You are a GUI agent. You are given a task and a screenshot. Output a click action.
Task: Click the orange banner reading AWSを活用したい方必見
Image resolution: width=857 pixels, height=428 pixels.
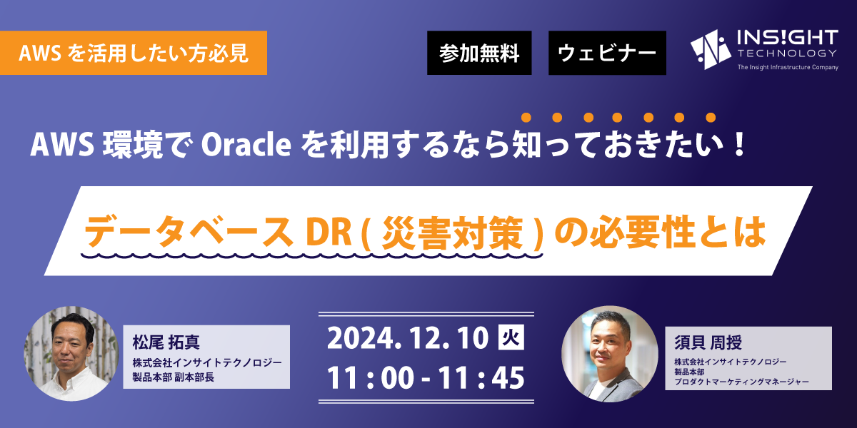[x=133, y=53]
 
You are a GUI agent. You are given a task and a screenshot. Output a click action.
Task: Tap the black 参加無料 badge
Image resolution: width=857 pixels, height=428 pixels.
[x=479, y=53]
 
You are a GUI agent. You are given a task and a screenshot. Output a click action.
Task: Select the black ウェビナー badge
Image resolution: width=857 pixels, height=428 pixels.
[x=607, y=53]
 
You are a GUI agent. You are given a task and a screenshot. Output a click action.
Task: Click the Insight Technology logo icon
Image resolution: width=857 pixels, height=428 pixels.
[x=711, y=50]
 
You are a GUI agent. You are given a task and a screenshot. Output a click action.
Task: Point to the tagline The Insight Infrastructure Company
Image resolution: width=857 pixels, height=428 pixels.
[x=788, y=67]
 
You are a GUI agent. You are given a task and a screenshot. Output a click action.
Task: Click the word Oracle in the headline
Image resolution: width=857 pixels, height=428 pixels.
[x=246, y=146]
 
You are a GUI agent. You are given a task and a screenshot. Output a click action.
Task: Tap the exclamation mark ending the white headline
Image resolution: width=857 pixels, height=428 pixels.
[x=741, y=144]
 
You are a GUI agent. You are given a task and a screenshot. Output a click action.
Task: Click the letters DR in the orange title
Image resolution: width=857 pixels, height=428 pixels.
[x=329, y=233]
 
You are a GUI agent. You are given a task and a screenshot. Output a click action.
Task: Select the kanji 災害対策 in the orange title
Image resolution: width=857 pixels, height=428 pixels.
[x=453, y=233]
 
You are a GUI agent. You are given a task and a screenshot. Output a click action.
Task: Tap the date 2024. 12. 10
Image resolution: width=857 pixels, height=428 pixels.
[x=408, y=338]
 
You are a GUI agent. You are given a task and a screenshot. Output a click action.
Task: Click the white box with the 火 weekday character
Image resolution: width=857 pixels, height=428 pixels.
[x=511, y=337]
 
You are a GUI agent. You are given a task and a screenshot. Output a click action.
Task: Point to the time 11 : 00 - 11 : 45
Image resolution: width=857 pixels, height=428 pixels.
[x=426, y=378]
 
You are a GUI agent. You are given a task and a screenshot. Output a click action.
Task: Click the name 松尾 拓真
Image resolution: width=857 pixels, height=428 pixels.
[x=166, y=342]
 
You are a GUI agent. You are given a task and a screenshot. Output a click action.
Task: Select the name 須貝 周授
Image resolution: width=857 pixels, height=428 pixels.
[x=708, y=342]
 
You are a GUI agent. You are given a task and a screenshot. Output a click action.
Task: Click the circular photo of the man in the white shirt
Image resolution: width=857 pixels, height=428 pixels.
[x=71, y=354]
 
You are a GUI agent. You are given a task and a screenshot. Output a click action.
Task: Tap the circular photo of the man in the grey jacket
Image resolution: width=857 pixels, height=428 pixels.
[x=610, y=354]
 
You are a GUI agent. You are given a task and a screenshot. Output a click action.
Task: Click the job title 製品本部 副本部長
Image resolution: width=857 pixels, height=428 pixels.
[x=173, y=377]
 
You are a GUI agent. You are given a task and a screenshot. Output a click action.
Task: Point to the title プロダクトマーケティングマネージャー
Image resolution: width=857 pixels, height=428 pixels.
[x=741, y=382]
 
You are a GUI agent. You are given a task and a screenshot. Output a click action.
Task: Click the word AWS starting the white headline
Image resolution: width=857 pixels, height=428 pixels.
[x=62, y=146]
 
